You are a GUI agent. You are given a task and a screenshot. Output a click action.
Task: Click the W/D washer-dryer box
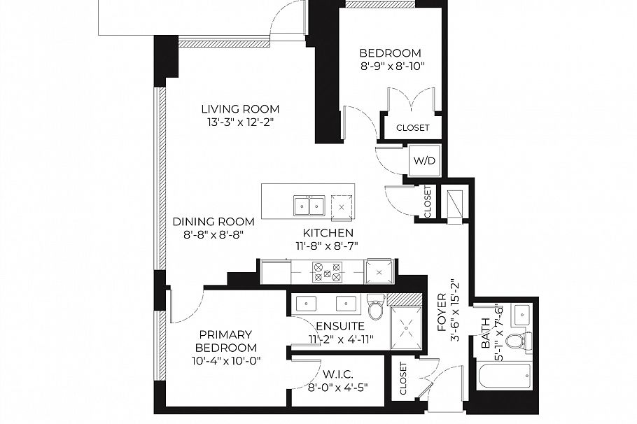point(424,160)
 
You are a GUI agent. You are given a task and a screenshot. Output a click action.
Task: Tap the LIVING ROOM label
point(241,109)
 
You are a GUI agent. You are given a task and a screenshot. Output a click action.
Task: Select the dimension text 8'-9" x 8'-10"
point(393,66)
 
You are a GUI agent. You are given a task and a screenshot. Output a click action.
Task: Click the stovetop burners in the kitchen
point(327,271)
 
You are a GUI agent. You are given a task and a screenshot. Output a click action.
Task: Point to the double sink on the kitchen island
point(309,206)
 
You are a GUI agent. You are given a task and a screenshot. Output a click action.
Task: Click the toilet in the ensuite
point(376,306)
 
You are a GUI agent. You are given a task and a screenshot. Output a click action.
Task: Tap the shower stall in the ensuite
point(406,328)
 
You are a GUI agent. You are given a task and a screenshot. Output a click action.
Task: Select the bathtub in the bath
point(505,376)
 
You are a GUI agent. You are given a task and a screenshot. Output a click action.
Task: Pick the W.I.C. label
point(337,374)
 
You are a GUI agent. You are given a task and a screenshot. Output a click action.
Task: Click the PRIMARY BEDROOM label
point(226,341)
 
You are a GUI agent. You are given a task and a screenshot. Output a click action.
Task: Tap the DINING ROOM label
point(213,222)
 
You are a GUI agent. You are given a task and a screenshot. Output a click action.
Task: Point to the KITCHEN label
point(328,233)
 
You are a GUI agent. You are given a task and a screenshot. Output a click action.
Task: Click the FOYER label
point(442,312)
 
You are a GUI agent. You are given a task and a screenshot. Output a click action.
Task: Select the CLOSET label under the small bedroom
point(413,127)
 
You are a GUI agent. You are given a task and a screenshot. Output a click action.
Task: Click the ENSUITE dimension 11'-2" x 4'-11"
point(340,339)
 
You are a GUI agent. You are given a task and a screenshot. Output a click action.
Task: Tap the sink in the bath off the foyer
point(521,313)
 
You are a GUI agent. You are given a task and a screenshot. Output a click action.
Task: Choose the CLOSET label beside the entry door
point(403,379)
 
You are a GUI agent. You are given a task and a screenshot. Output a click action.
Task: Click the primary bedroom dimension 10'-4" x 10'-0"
point(226,360)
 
